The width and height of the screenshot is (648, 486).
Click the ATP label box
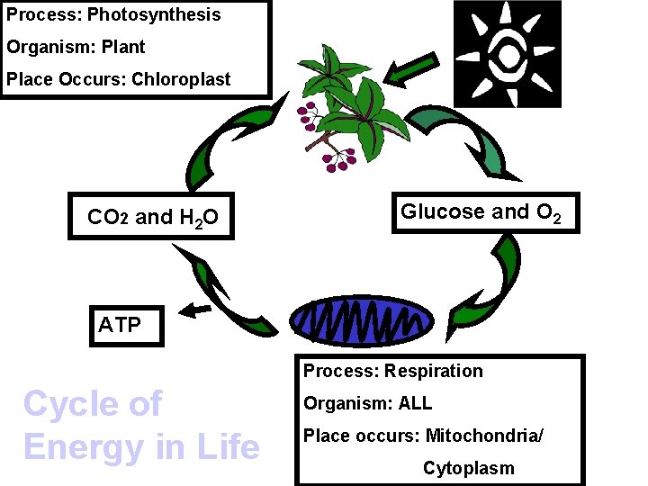[x=126, y=325]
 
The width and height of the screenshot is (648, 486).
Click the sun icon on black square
[x=507, y=54]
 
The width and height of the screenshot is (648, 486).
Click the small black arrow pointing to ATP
[x=194, y=310]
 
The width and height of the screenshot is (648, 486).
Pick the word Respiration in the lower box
[x=433, y=371]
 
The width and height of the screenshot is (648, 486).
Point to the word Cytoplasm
[x=468, y=468]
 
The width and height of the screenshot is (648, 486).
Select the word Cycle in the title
[x=67, y=404]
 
